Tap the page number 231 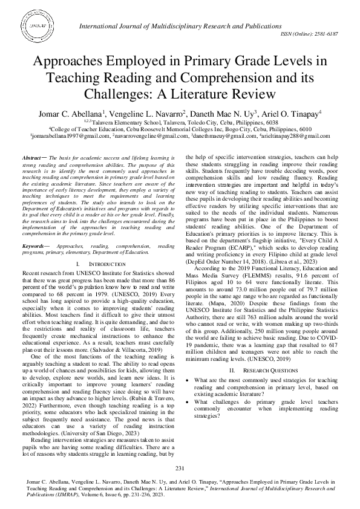click(x=180, y=469)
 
